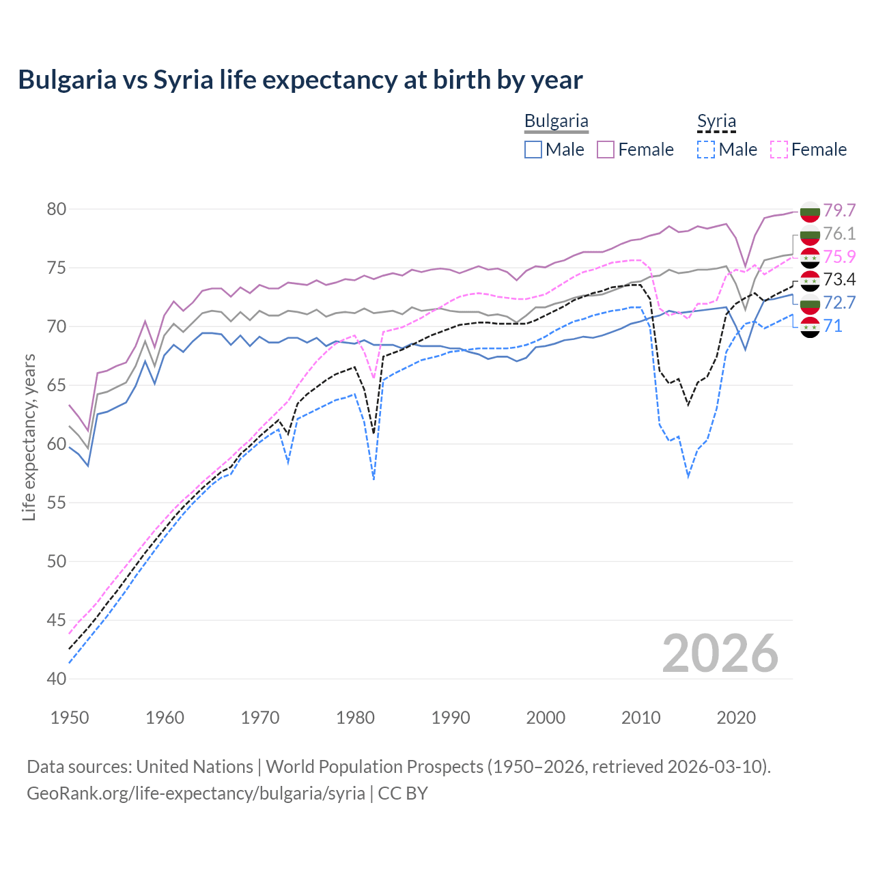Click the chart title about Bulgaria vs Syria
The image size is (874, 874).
pos(300,80)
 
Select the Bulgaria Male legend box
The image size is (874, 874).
pos(533,150)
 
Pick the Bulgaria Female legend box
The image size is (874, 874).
pos(606,150)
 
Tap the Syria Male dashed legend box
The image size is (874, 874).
pos(706,150)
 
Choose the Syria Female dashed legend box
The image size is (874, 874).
pos(778,150)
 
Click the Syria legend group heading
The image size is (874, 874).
pos(716,122)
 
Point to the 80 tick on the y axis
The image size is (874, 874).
pos(57,209)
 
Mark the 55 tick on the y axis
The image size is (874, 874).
pos(57,503)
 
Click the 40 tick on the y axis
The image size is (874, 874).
pos(57,679)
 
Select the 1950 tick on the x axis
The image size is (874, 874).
pos(70,718)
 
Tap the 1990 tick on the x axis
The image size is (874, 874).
pos(451,718)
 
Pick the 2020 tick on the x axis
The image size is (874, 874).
pos(736,718)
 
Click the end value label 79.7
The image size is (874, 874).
pos(839,210)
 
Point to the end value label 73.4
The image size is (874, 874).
pos(839,279)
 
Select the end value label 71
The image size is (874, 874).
pos(832,326)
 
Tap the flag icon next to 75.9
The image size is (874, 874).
pos(810,257)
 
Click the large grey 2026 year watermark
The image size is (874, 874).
pos(720,653)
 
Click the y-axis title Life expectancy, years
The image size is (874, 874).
pos(29,437)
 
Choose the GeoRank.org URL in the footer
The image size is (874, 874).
pos(196,793)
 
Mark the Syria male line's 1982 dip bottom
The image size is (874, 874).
pos(373,479)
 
